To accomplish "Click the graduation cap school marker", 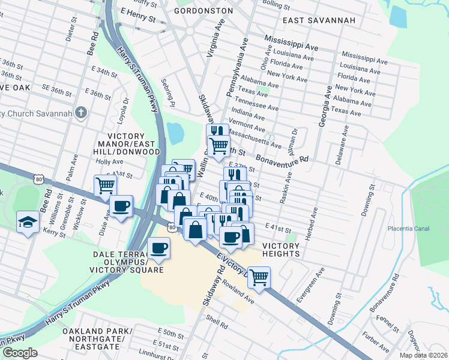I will click(x=28, y=222).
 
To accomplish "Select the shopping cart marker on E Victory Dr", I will click(x=259, y=278).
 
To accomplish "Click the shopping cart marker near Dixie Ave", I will click(x=105, y=185).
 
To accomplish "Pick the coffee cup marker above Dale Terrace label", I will click(x=159, y=248).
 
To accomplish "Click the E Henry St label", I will click(x=138, y=16).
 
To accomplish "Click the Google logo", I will click(x=20, y=353).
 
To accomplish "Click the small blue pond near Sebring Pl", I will click(x=175, y=133).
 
